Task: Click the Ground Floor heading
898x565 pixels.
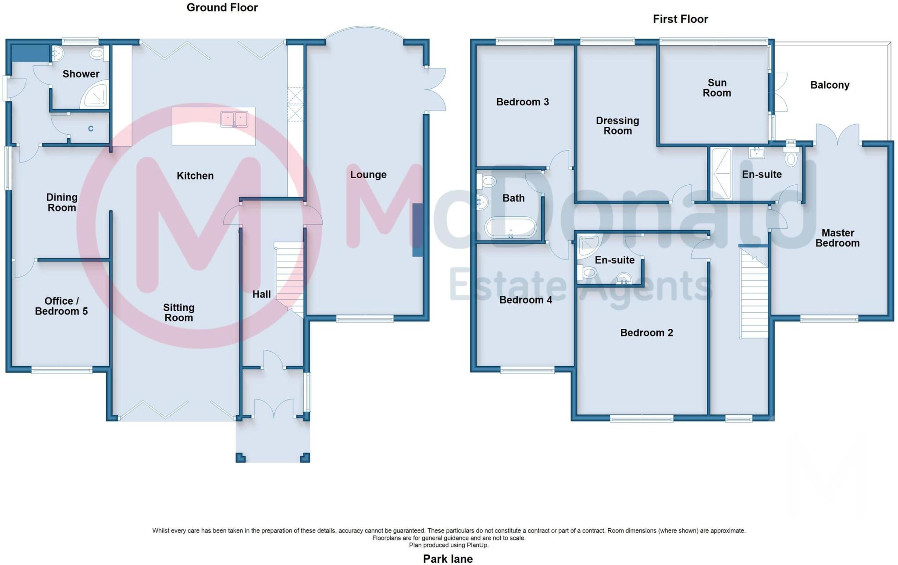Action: (222, 7)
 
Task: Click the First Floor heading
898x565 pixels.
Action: (680, 19)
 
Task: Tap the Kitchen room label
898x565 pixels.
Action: (195, 176)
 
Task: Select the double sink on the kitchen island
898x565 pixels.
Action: (234, 119)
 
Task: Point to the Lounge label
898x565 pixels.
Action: (368, 175)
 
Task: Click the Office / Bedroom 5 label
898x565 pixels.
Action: (61, 306)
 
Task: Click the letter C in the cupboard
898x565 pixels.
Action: (91, 129)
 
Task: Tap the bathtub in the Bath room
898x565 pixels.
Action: (510, 228)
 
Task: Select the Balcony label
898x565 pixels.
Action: (830, 85)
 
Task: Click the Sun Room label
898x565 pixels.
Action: (716, 88)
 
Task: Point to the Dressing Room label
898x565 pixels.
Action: (617, 126)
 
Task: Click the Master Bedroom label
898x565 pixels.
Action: (837, 238)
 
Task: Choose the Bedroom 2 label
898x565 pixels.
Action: (646, 333)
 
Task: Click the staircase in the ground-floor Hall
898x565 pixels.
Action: (289, 277)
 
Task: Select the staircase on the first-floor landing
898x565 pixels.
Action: (754, 294)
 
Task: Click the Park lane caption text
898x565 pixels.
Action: (448, 558)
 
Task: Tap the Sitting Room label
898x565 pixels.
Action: (178, 313)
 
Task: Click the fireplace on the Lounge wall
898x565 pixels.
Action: (417, 230)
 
